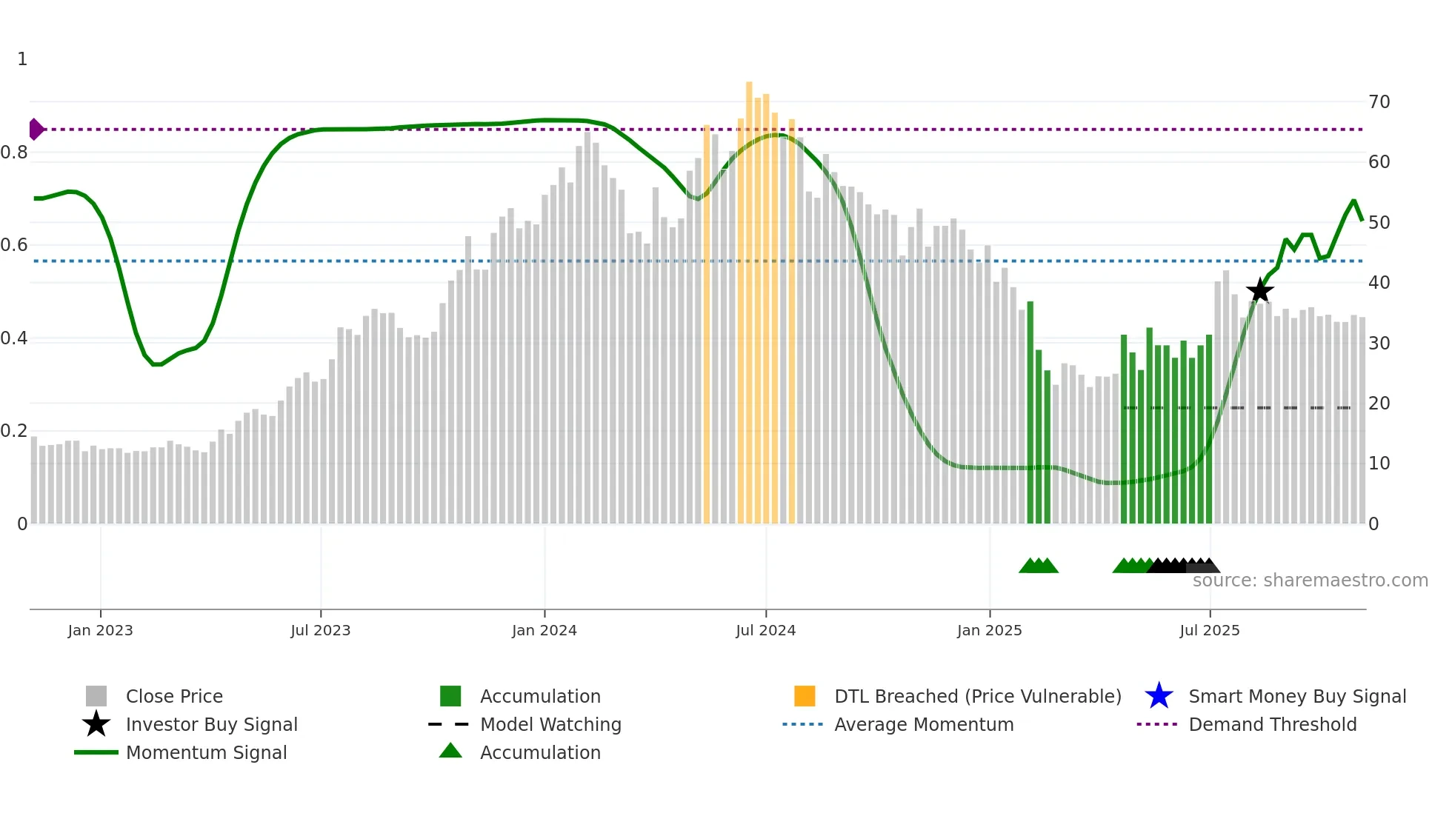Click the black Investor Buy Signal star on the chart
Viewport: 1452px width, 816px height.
pos(1259,290)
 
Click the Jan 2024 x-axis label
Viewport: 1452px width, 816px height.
pos(544,630)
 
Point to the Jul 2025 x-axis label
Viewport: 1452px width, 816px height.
pos(1209,630)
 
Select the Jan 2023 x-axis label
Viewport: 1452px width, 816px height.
pos(100,630)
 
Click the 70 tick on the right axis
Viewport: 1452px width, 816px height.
pos(1379,102)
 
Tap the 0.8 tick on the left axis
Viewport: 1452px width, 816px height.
pos(15,153)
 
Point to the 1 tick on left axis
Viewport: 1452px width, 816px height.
pos(22,59)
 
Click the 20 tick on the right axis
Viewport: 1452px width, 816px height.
pos(1379,404)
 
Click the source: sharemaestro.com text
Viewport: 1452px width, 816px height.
pos(1310,581)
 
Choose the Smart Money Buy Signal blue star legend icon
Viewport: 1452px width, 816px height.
pos(1159,696)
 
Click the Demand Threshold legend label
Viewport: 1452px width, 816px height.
pos(1272,724)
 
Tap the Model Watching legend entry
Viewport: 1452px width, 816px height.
pos(550,724)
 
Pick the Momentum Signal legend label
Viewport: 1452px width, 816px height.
pos(206,752)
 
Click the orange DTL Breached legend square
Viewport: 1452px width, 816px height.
pos(805,696)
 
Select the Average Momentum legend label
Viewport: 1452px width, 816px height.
pos(923,724)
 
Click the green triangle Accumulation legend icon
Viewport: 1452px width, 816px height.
pos(450,751)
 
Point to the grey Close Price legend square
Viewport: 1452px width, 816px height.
pos(96,696)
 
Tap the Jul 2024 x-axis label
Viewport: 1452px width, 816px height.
pos(765,630)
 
